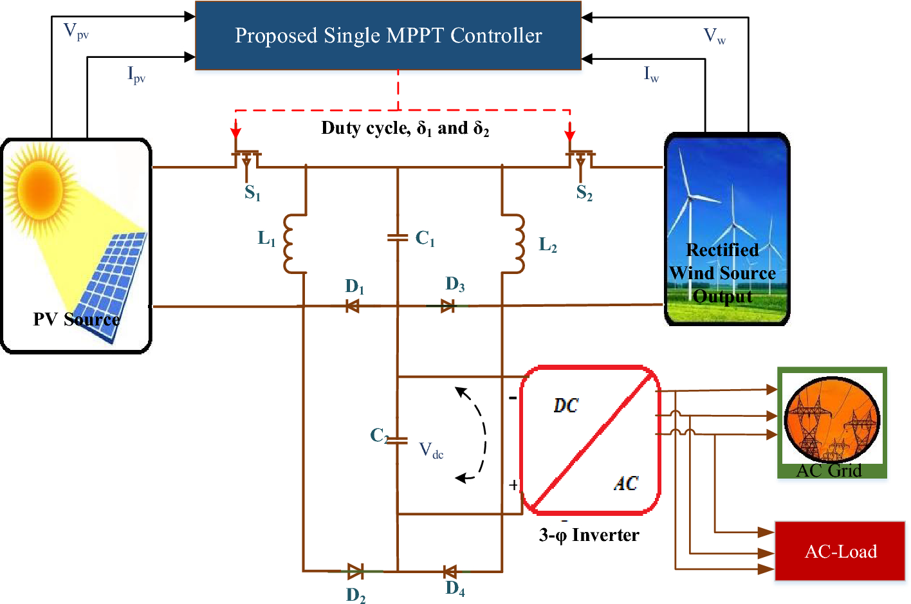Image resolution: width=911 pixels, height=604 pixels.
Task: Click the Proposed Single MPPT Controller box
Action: click(x=388, y=35)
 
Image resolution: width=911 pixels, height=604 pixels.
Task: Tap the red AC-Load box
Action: click(x=840, y=551)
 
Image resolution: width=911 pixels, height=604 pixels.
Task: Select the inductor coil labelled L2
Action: click(x=517, y=244)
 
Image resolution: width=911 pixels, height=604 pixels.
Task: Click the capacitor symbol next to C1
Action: click(x=398, y=238)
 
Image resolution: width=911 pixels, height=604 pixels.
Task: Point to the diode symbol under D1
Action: click(x=352, y=306)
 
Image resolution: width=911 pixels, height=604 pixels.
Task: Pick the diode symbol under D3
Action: click(x=448, y=306)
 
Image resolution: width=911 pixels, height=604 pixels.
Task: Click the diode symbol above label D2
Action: click(x=355, y=571)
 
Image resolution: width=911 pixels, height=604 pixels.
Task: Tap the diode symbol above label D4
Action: click(x=450, y=571)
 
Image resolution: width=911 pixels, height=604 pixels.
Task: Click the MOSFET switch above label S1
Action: click(x=246, y=160)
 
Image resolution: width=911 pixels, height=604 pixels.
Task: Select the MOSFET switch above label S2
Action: click(x=580, y=160)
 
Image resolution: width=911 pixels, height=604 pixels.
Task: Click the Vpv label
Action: click(x=76, y=32)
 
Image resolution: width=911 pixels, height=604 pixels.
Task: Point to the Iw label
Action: click(x=651, y=75)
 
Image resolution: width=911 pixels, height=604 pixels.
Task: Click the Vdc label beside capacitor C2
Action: click(x=431, y=450)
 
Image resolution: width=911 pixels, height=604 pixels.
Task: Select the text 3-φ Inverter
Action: click(x=589, y=535)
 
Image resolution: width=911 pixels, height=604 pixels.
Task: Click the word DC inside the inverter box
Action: click(x=566, y=405)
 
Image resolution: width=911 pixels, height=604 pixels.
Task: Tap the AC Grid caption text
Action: click(x=829, y=470)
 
